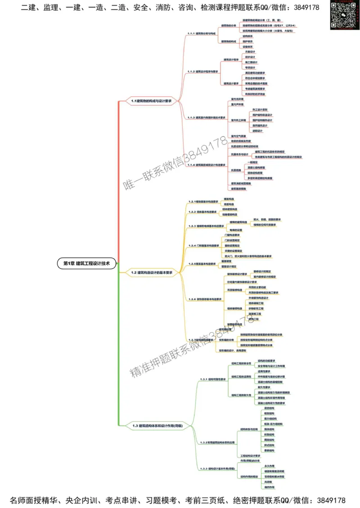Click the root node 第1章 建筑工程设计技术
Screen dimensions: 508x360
(x=87, y=263)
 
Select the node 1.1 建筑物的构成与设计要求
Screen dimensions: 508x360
(x=152, y=101)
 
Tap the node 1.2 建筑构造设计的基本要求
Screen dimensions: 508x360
(x=152, y=272)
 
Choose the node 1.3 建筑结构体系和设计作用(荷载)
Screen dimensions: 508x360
(x=157, y=425)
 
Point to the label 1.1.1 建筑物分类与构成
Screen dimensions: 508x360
(x=202, y=34)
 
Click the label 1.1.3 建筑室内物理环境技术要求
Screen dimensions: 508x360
(x=207, y=118)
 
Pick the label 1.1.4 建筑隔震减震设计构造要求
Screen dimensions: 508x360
(x=207, y=165)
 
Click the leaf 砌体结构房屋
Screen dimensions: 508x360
(x=256, y=173)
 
